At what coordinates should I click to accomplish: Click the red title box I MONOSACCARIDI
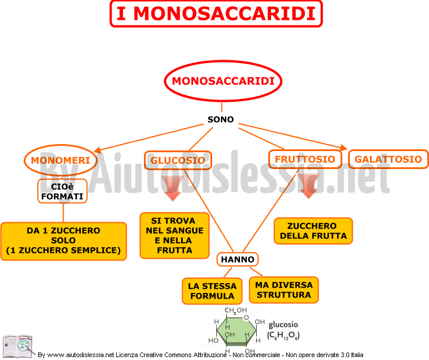click(216, 14)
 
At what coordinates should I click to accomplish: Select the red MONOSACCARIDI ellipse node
click(223, 81)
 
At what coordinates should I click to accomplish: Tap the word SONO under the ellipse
click(220, 119)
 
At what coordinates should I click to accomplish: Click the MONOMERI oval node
click(61, 160)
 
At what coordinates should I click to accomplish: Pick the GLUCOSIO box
click(178, 160)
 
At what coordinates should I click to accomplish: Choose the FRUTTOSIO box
click(305, 159)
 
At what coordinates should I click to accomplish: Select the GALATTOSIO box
click(388, 159)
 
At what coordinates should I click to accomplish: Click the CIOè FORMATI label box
click(62, 191)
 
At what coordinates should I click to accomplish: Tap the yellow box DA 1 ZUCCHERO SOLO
click(64, 241)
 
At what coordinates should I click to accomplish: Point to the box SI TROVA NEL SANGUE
click(175, 236)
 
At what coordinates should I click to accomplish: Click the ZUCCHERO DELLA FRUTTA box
click(313, 231)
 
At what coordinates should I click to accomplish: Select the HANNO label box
click(238, 259)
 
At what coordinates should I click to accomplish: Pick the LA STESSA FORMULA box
click(212, 291)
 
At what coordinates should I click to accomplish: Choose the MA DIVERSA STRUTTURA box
click(284, 290)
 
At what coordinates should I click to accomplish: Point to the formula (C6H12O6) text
click(283, 335)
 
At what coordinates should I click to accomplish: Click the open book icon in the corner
click(18, 346)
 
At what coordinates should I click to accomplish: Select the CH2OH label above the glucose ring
click(235, 310)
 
